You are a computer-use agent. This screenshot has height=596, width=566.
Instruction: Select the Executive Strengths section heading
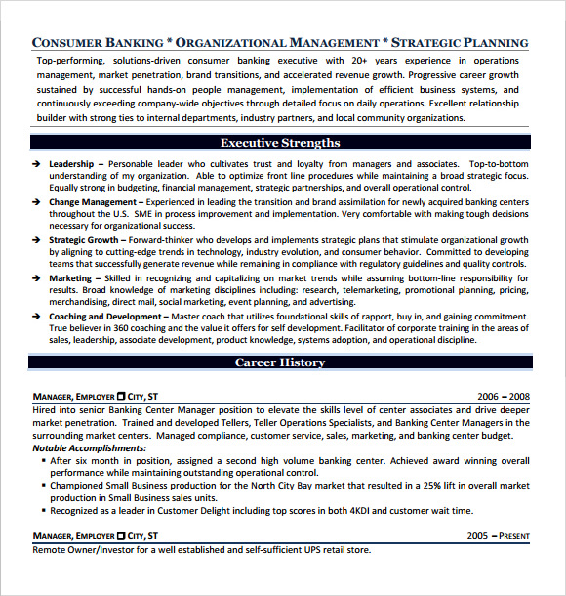click(x=280, y=143)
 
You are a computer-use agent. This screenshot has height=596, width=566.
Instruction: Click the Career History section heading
click(x=280, y=362)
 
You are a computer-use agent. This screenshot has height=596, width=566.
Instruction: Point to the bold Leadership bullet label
click(x=70, y=163)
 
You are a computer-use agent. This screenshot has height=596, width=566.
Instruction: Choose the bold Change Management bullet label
click(x=93, y=202)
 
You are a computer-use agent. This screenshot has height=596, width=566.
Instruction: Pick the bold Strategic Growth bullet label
click(x=84, y=239)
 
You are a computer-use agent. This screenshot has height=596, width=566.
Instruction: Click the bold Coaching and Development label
click(x=107, y=317)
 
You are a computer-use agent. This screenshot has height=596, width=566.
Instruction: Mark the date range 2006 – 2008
click(x=504, y=397)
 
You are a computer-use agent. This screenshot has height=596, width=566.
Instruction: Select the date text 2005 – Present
click(x=498, y=536)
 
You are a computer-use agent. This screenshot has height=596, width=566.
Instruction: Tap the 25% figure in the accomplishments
click(x=433, y=485)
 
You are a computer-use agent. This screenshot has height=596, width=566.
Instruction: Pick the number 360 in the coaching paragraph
click(x=124, y=329)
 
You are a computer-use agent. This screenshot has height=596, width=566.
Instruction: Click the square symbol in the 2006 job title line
click(x=121, y=398)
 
